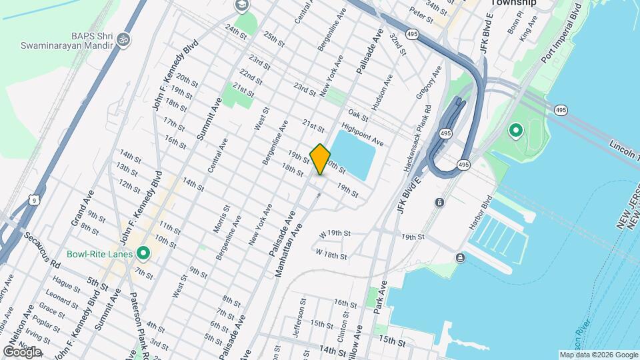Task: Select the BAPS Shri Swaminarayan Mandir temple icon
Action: (121, 41)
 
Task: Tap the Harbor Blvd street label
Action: (480, 212)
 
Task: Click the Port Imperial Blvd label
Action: (561, 33)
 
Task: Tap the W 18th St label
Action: (331, 254)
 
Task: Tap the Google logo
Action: (22, 351)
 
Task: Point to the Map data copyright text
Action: (599, 355)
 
